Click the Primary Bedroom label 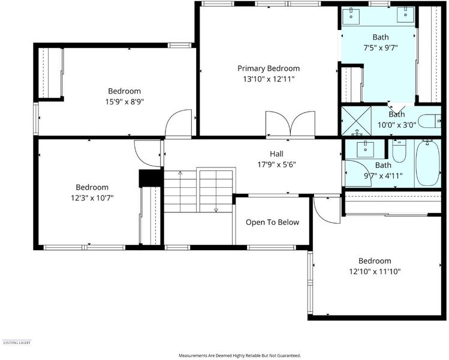pos(269,69)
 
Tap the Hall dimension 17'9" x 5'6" pos(276,164)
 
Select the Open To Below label pos(272,223)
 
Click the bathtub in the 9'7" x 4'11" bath pos(428,163)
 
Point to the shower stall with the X pos(356,121)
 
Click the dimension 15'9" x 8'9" pos(124,102)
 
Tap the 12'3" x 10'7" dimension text pos(92,198)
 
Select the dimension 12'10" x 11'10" pos(375,271)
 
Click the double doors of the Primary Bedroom pos(290,124)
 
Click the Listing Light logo pos(17,343)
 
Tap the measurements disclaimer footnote pos(240,355)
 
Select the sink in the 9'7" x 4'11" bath pos(366,149)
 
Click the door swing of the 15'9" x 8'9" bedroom pos(179,122)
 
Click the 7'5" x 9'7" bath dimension pos(381,48)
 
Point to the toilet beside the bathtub pos(399,151)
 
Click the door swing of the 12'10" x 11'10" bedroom pos(327,210)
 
